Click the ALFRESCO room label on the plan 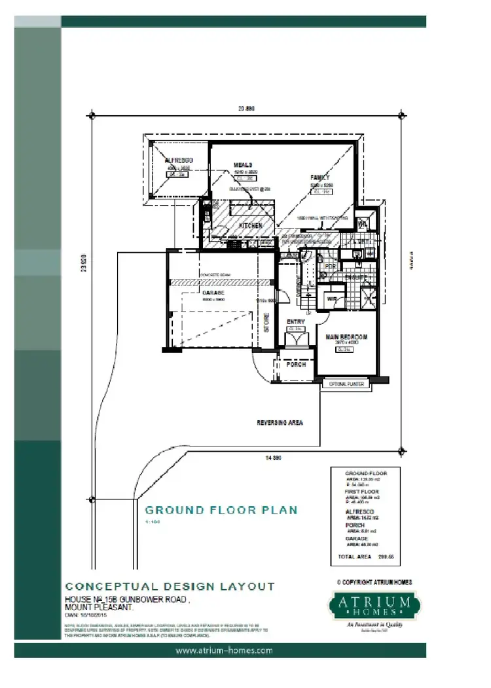[x=177, y=160]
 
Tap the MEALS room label [x=244, y=165]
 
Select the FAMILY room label [x=320, y=177]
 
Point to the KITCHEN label [x=250, y=226]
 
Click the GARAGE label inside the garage [x=213, y=293]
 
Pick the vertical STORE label [x=266, y=323]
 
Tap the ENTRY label [x=297, y=322]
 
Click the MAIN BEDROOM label [x=346, y=338]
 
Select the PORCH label [x=296, y=365]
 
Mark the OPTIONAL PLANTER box [x=346, y=385]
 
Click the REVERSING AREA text [x=280, y=424]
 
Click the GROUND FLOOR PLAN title [x=221, y=510]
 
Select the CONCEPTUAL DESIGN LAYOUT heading [x=170, y=587]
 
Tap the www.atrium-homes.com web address [x=225, y=651]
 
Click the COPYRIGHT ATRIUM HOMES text [x=374, y=582]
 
